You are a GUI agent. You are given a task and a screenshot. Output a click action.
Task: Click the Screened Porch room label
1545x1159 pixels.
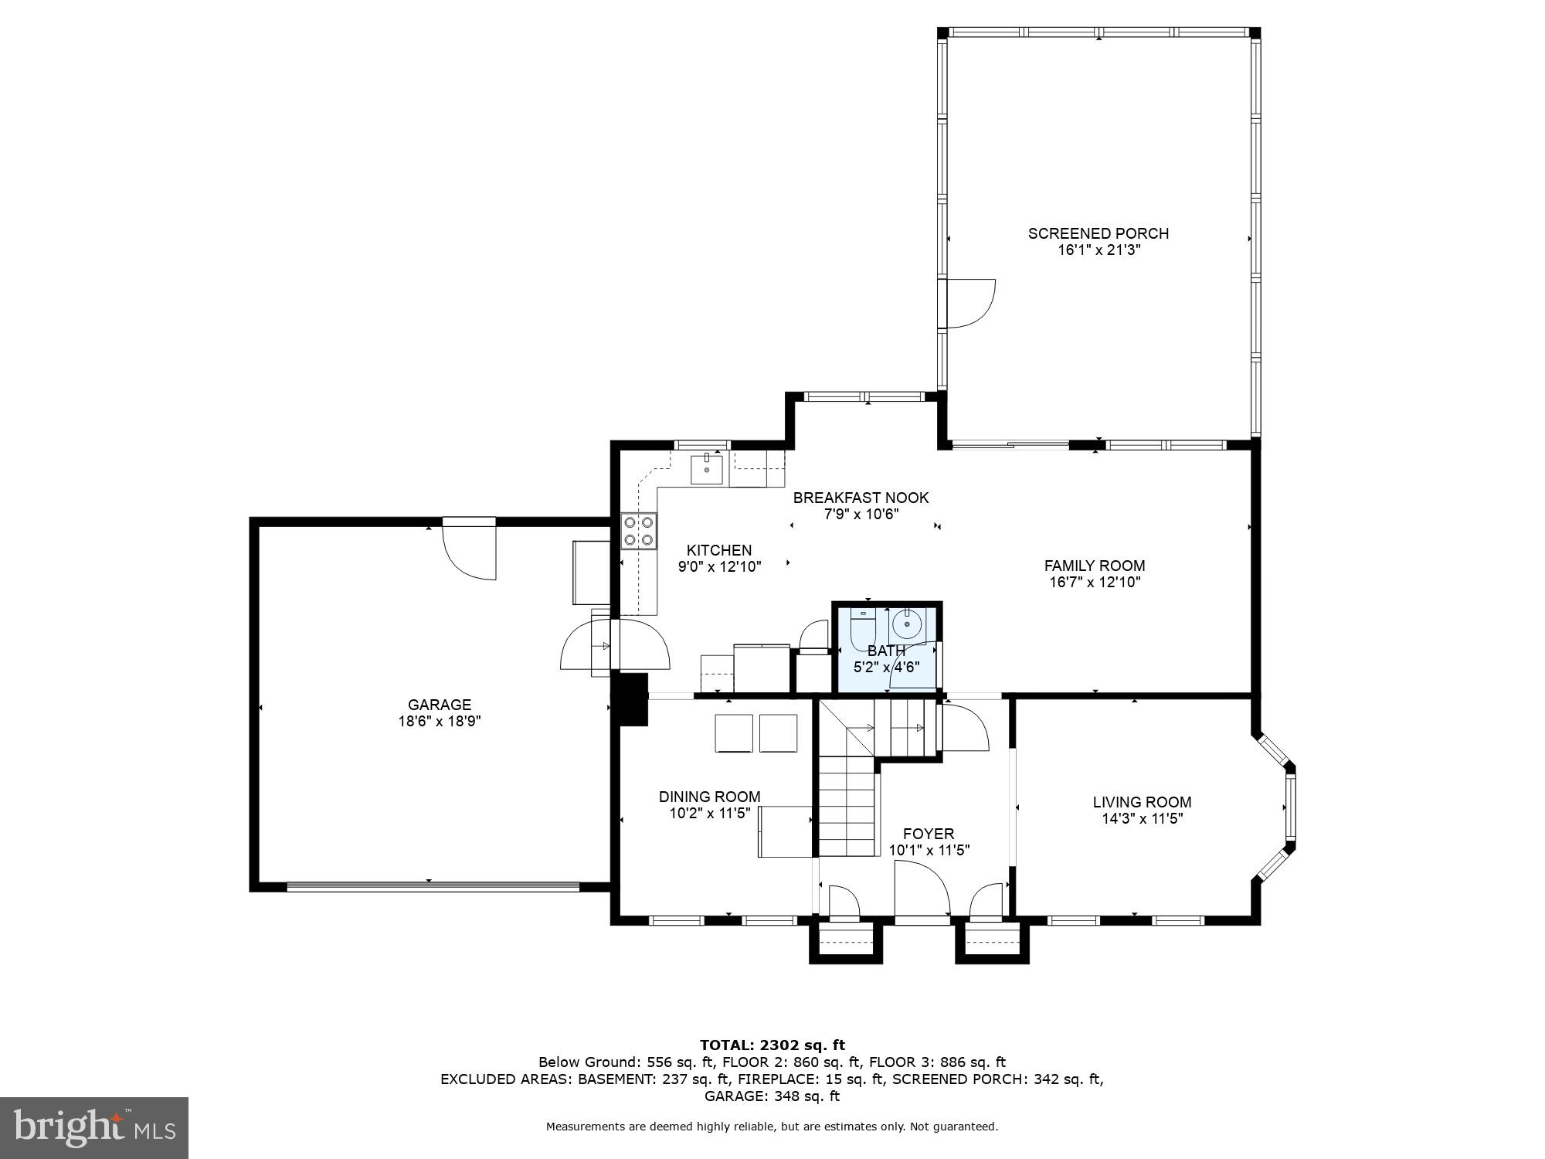point(1098,233)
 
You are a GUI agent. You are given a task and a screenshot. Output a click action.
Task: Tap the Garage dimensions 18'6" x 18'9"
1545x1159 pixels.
point(440,721)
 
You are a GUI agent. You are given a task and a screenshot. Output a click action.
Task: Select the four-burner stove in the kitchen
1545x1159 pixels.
point(639,531)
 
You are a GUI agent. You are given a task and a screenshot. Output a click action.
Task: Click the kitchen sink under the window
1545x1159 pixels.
point(706,469)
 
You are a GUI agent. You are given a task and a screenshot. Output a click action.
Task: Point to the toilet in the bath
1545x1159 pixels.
point(861,628)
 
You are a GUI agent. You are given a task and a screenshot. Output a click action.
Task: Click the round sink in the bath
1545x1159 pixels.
point(907,623)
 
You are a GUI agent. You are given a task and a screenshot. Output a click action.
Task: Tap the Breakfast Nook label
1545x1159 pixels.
point(861,498)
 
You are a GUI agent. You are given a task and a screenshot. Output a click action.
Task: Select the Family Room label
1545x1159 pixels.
point(1094,566)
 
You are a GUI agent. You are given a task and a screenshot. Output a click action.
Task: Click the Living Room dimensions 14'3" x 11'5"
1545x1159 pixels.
point(1142,818)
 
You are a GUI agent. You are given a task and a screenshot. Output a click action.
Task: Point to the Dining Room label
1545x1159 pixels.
point(709,797)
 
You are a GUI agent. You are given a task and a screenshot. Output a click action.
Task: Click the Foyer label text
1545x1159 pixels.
point(929,834)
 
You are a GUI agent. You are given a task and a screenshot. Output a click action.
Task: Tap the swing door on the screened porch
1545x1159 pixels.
point(969,303)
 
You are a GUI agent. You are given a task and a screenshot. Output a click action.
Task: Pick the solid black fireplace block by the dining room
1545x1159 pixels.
point(630,698)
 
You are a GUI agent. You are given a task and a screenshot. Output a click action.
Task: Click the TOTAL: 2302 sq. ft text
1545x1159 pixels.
point(772,1045)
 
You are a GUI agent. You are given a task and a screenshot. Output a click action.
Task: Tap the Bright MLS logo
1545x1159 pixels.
point(94,1128)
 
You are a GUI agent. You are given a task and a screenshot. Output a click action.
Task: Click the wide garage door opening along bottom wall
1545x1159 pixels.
point(433,886)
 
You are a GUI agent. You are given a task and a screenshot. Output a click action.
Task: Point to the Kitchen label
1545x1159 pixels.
point(718,550)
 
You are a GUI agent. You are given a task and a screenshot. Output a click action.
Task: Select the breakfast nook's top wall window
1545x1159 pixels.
point(864,397)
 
